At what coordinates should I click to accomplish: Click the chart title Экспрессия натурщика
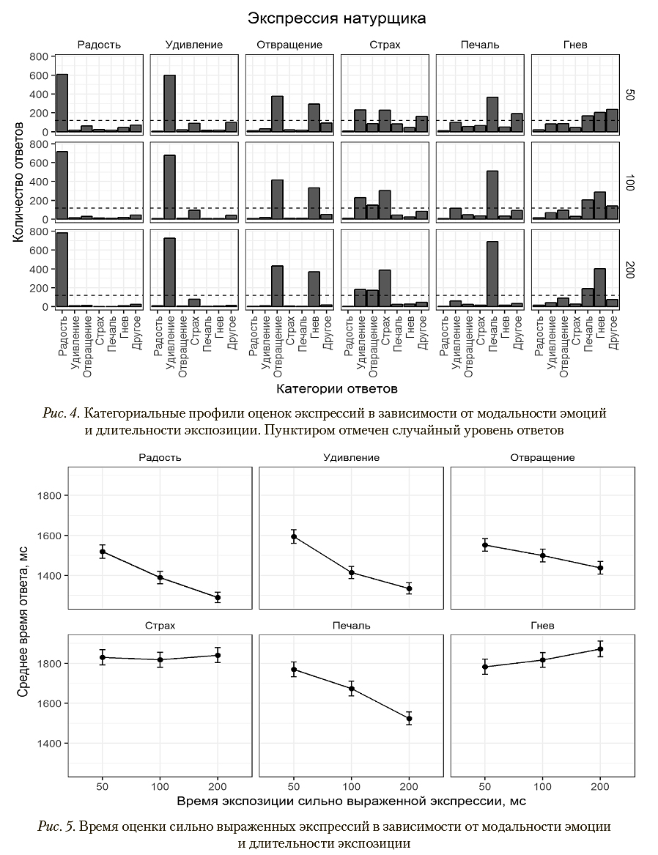pyautogui.click(x=336, y=18)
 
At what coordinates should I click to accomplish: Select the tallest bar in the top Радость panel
pyautogui.click(x=62, y=103)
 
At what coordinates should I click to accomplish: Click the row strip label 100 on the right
pyautogui.click(x=630, y=183)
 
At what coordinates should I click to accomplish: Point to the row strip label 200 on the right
pyautogui.click(x=630, y=270)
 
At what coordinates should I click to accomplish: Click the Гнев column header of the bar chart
pyautogui.click(x=575, y=45)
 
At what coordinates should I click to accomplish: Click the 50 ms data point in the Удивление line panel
pyautogui.click(x=293, y=537)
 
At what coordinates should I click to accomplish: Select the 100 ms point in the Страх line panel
pyautogui.click(x=160, y=659)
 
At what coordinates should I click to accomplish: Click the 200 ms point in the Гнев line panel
pyautogui.click(x=600, y=649)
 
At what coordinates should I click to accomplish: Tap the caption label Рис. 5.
pyautogui.click(x=56, y=826)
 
